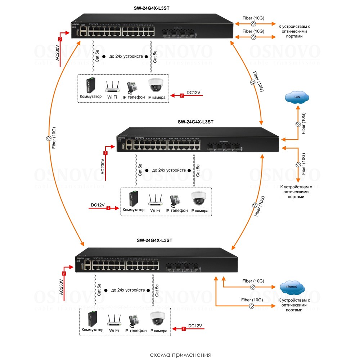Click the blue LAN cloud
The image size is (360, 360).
297,97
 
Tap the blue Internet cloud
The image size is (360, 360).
292,287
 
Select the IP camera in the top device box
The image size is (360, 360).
156,86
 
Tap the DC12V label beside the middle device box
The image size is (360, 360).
98,205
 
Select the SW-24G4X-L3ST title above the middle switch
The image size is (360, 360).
195,122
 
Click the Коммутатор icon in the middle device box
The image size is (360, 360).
132,198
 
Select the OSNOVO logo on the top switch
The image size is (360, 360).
76,25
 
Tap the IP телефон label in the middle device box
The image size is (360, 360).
176,210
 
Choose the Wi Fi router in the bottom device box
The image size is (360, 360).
114,320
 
